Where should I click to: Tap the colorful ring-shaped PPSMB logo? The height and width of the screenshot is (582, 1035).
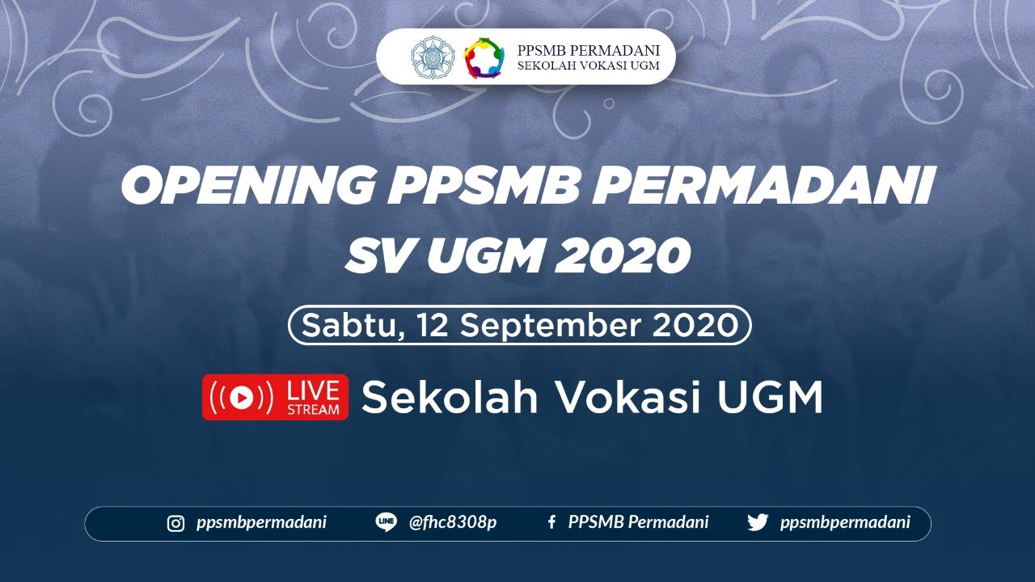[484, 57]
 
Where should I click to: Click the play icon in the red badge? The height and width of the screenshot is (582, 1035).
[240, 397]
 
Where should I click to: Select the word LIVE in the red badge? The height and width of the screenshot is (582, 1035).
[313, 390]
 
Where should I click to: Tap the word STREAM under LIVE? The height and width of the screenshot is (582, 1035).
[313, 409]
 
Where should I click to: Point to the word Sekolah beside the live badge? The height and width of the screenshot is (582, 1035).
[450, 397]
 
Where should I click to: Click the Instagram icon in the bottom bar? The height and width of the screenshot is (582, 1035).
[175, 523]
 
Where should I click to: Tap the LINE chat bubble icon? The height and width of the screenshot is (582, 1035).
[386, 522]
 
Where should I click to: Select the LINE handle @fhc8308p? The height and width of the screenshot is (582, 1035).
[453, 523]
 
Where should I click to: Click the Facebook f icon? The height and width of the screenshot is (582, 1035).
[551, 523]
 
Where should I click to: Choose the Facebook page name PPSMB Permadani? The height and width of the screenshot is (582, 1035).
[638, 523]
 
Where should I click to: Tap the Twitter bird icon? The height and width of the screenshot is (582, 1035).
[758, 523]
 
